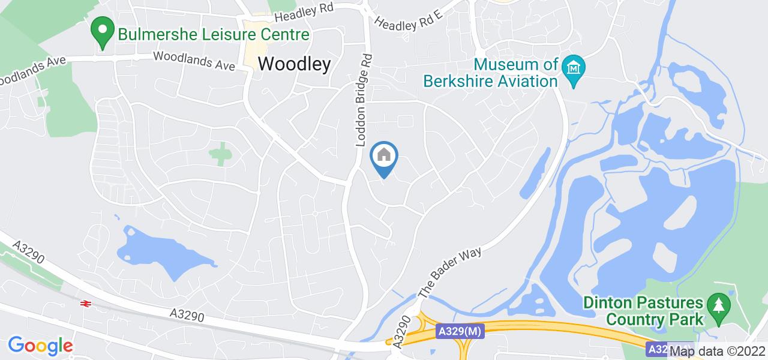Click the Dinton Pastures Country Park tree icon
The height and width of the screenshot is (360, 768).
(x=716, y=306)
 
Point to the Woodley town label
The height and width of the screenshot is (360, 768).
(x=294, y=64)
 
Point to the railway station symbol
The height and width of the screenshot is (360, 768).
(x=85, y=304)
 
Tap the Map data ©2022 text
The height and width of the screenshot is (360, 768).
(x=717, y=352)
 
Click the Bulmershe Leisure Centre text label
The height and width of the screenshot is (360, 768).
(x=213, y=34)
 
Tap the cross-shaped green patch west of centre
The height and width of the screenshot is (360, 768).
(x=221, y=154)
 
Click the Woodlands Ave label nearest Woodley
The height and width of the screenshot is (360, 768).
(x=194, y=61)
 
